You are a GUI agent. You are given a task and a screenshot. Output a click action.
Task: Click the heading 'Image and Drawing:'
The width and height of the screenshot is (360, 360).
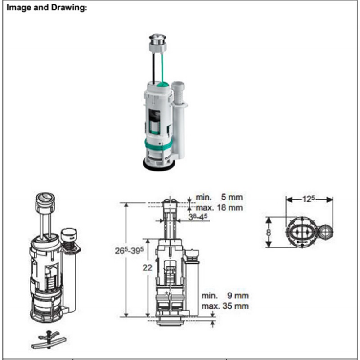click(47, 8)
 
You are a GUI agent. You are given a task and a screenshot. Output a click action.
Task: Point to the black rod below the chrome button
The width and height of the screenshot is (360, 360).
click(153, 67)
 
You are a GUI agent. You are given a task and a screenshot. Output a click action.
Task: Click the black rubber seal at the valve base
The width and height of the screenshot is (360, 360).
click(158, 165)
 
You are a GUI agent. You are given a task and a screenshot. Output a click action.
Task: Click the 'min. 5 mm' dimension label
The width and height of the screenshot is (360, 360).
click(219, 197)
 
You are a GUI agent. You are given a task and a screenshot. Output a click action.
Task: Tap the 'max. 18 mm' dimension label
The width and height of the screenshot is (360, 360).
click(219, 207)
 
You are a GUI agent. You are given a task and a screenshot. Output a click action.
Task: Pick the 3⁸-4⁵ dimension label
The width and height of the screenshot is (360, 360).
click(198, 216)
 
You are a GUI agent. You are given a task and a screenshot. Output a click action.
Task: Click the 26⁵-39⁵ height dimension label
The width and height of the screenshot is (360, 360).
click(129, 251)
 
